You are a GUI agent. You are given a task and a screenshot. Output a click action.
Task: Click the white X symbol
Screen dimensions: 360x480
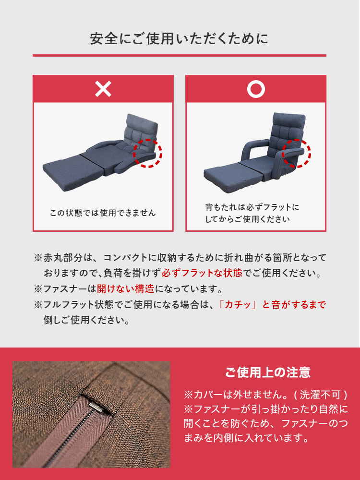coord(103,89)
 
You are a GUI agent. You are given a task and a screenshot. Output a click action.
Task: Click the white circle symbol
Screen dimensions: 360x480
coord(256,89)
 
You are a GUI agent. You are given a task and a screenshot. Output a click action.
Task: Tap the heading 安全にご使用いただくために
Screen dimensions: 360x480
coord(180,39)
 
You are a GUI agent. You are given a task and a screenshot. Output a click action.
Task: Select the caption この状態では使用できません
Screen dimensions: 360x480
coord(103,213)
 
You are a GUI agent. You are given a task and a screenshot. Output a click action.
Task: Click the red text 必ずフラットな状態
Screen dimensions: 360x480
coord(202,273)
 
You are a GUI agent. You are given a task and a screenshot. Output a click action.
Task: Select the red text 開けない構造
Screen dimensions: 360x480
coord(125,288)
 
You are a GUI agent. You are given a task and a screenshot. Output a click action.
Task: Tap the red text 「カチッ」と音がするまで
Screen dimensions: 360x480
coord(272,305)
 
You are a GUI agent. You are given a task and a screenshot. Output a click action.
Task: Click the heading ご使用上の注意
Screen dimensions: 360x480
coord(268,372)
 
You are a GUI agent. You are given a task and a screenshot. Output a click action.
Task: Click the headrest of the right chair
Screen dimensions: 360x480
coord(289,121)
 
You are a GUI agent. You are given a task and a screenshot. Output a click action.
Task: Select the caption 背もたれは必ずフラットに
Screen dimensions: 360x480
coord(252,207)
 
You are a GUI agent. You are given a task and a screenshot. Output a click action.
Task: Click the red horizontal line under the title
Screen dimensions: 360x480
coord(180,55)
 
